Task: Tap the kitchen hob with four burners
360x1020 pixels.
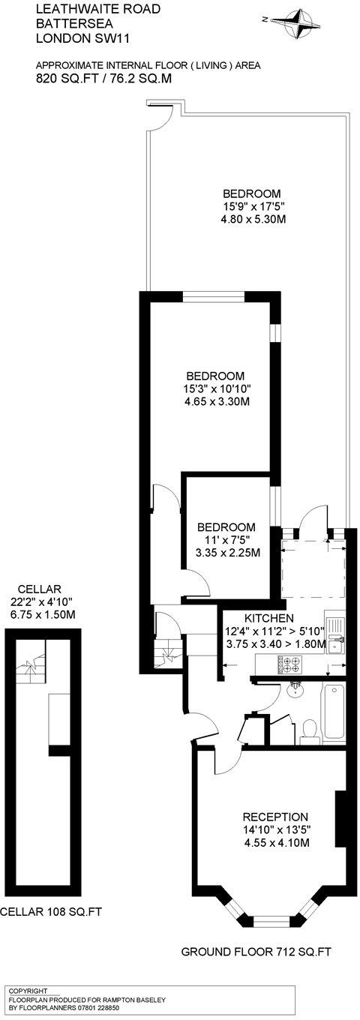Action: point(289,663)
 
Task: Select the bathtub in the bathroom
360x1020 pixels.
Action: point(333,713)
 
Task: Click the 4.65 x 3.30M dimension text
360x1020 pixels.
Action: point(215,401)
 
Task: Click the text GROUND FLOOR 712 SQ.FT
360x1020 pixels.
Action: point(256,953)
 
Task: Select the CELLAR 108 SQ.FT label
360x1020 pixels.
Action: point(50,913)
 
